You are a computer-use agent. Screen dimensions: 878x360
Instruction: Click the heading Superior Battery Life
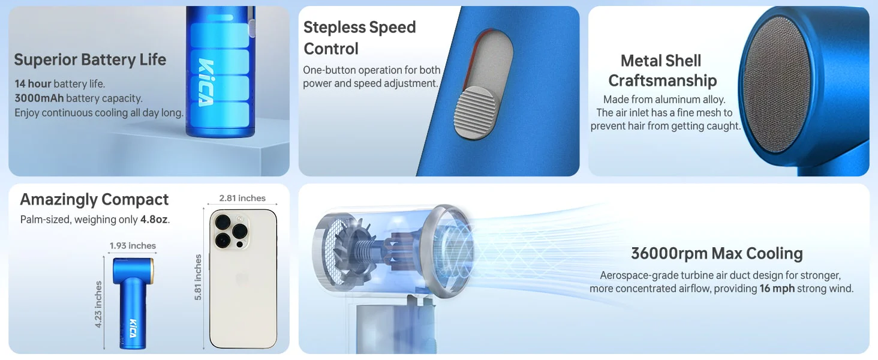pos(90,60)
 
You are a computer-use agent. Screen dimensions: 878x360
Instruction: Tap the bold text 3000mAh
pos(39,98)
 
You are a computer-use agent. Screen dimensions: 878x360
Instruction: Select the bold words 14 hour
pos(33,83)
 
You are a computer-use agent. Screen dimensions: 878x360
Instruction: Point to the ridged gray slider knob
pos(475,113)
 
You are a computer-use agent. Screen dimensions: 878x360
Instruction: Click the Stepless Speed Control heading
pos(359,38)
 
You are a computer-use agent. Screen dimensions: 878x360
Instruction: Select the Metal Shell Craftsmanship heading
pos(662,71)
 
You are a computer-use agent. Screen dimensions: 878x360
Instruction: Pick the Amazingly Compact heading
pos(94,200)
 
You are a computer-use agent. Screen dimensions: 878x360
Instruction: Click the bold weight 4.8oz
pos(154,219)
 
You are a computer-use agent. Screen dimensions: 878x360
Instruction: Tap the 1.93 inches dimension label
pos(133,245)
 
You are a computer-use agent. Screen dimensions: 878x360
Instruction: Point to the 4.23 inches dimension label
pos(98,304)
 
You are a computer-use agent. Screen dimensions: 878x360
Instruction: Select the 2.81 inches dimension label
pos(242,198)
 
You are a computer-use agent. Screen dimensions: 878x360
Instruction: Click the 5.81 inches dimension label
pos(199,277)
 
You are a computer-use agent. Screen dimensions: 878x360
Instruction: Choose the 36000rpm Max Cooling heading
pos(717,253)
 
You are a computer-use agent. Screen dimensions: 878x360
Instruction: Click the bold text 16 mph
pos(777,289)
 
